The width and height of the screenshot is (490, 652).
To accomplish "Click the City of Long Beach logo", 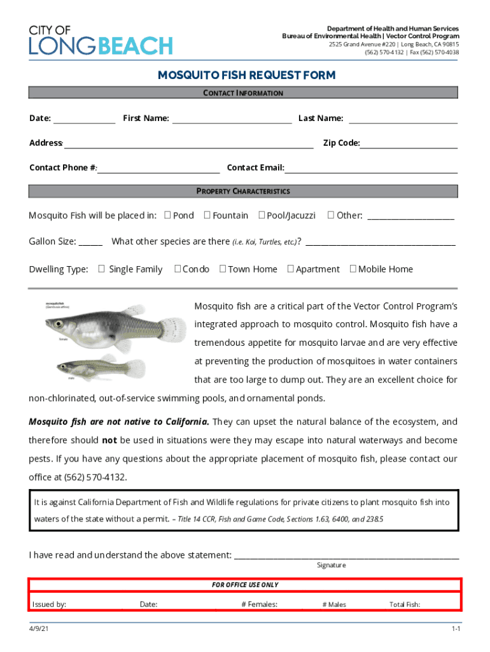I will click(x=101, y=41).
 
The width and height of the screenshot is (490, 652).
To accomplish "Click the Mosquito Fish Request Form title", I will click(x=246, y=76).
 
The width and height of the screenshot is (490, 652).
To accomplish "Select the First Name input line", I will click(x=232, y=118).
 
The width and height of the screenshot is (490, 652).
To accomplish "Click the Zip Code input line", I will click(x=409, y=143).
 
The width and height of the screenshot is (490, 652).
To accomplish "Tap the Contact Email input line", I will click(x=371, y=168).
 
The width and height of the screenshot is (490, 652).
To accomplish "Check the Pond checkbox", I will click(x=167, y=215).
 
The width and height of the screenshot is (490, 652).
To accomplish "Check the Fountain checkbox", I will click(x=207, y=215).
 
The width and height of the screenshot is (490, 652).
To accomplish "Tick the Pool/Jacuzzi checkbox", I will click(x=262, y=215).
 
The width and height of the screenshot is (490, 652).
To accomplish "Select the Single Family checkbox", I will click(x=101, y=269).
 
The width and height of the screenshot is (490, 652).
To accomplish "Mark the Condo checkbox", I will click(x=178, y=269).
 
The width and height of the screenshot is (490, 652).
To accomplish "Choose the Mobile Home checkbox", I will click(x=353, y=269).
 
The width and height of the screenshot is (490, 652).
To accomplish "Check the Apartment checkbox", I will click(x=290, y=269).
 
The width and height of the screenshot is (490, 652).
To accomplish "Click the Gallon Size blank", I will click(x=91, y=242).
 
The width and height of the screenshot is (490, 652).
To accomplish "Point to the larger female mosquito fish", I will click(x=105, y=327).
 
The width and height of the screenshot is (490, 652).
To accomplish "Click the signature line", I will click(x=346, y=555).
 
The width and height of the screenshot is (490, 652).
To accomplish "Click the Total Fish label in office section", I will click(x=404, y=604).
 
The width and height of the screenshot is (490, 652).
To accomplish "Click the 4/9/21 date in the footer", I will click(x=38, y=629).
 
